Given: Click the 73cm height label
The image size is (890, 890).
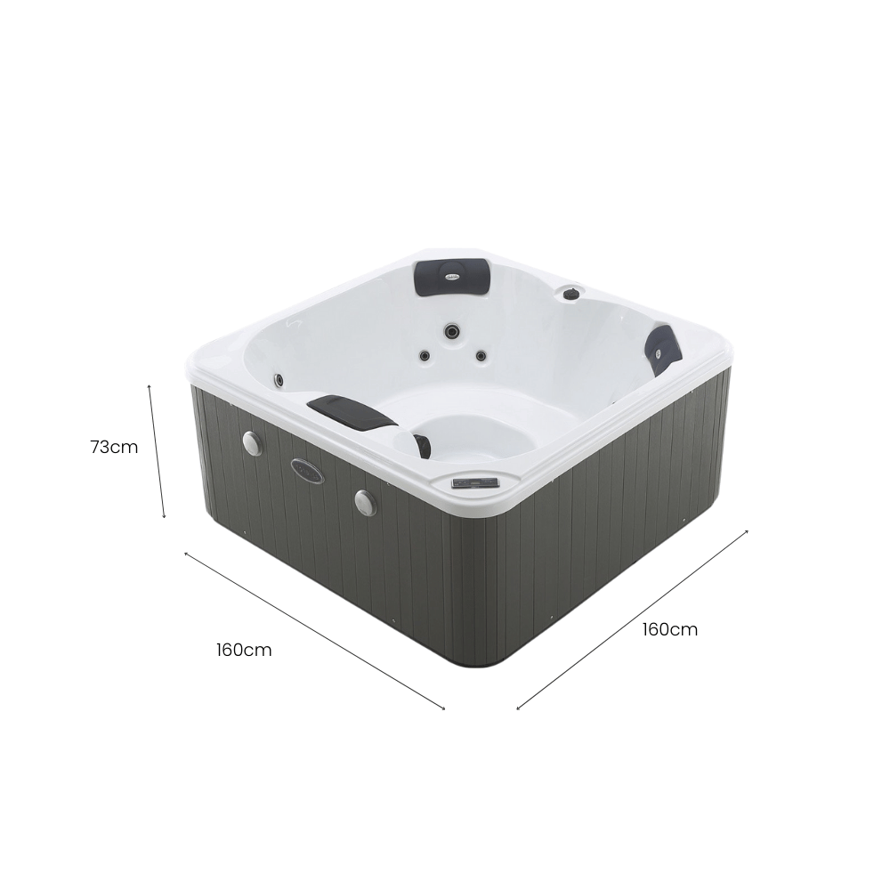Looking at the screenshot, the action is pos(114,448).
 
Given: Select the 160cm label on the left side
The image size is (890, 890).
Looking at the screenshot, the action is pos(244,650).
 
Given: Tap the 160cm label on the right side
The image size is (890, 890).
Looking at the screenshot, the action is pos(670,629).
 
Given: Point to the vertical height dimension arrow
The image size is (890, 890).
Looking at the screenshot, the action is pos(157,451).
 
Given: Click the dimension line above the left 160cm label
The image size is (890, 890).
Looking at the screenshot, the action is pos(315,631).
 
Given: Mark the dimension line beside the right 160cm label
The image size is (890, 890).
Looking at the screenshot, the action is pos(632,619).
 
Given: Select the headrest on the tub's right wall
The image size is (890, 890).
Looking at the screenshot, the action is pos(665,349).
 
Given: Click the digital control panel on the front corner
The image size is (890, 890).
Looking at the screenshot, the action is pos(475,483).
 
